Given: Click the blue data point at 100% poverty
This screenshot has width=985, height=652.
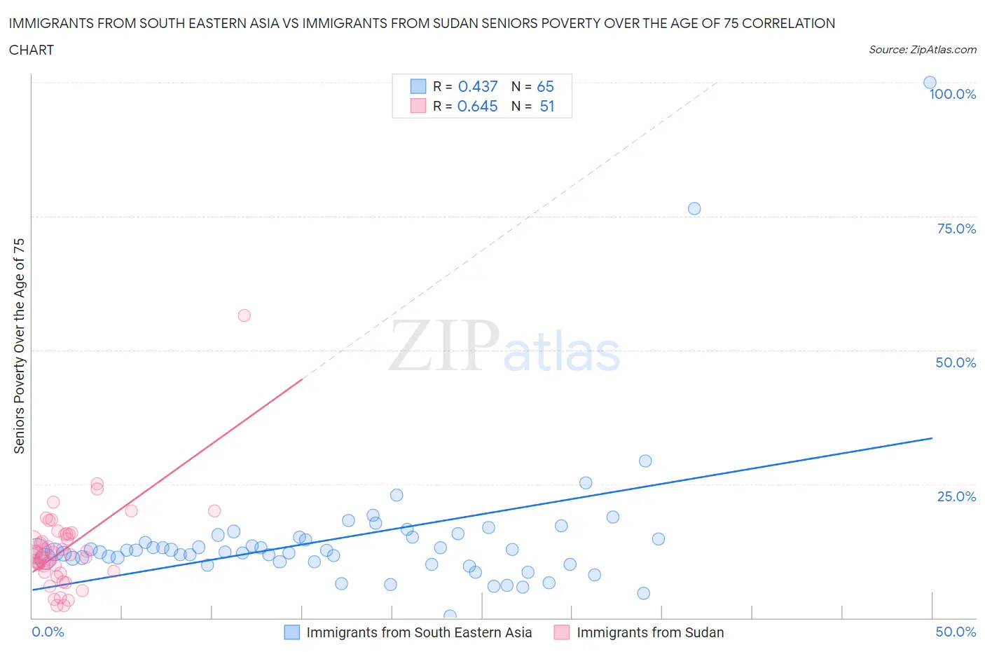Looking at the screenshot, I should point(930,83).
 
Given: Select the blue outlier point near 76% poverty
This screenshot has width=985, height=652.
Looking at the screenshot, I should point(694,208).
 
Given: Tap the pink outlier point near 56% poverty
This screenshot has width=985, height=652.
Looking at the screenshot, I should point(244,315).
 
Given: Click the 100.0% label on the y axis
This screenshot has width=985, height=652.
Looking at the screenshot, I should point(952,95).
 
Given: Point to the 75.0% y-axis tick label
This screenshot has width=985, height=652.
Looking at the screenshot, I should point(956,229).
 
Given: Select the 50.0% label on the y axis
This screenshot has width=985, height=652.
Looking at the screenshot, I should point(956,362).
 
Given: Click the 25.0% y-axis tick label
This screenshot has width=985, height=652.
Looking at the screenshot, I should point(956,496).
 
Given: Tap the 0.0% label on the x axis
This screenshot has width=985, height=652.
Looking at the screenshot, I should point(48,632).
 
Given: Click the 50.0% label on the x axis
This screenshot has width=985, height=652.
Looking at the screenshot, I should point(956,632).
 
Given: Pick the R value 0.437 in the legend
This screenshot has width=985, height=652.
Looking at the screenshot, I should point(477,86).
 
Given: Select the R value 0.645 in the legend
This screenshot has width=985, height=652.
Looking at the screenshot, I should point(477,106).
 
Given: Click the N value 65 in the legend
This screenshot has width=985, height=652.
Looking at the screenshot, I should point(545,86).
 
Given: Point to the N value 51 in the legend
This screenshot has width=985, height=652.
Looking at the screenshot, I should point(546,106).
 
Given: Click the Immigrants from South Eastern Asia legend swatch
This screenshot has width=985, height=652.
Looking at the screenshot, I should point(291,632).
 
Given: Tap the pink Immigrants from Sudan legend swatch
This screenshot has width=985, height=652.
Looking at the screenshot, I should point(562,632).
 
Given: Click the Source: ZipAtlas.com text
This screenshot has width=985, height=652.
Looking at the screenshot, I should point(922,49).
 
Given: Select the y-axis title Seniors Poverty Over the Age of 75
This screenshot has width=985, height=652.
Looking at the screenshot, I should point(19,346).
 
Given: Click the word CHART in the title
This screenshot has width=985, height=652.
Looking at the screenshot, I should point(32,50).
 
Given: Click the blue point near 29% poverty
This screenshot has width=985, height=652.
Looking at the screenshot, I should point(645,461).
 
